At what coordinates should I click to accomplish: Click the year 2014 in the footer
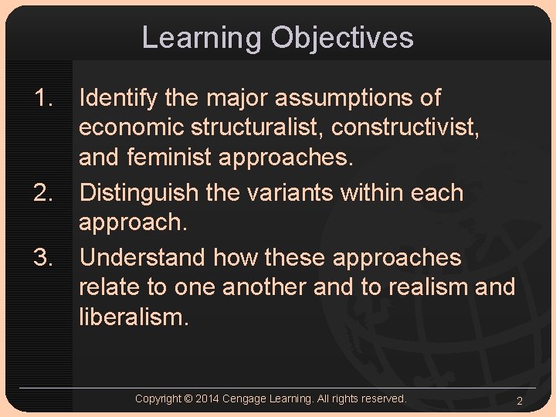click(208, 398)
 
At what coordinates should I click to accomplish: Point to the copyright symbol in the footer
click(188, 398)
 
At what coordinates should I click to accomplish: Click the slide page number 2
click(520, 401)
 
